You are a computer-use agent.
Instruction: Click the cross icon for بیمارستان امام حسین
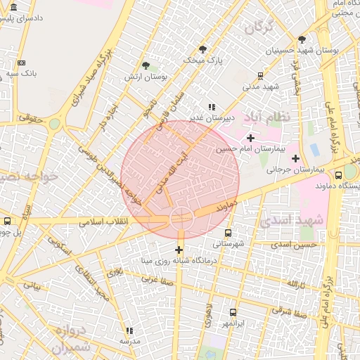pos(250,138)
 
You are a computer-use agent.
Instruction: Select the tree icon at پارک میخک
pos(203,49)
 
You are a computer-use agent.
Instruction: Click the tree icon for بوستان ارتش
pos(146,65)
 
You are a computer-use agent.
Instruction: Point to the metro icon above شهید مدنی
pos(261,75)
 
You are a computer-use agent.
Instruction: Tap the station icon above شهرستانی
pos(226,232)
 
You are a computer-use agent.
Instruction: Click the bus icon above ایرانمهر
pos(233,311)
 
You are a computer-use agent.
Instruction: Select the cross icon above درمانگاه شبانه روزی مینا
pos(179,250)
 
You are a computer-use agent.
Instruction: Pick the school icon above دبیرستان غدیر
pos(212,107)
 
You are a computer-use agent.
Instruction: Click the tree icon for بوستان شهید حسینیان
pos(302,39)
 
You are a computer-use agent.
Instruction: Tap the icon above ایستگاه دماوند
pos(339,175)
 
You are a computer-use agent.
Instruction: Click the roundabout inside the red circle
pos(181,218)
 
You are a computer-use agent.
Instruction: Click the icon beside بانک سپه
pos(22,63)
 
